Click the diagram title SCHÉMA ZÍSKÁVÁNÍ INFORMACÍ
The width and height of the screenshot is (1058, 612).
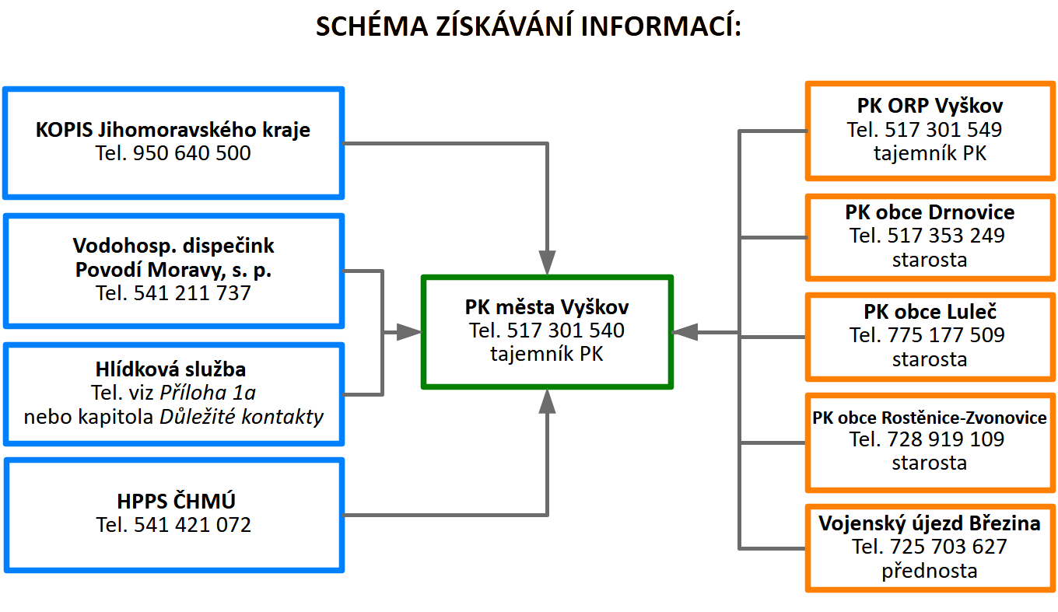pyautogui.click(x=528, y=26)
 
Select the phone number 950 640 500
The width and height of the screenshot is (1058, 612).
pyautogui.click(x=191, y=153)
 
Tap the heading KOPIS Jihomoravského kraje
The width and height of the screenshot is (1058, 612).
pyautogui.click(x=173, y=130)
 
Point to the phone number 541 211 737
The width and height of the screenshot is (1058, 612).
pyautogui.click(x=191, y=293)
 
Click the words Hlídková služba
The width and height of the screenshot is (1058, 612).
pyautogui.click(x=170, y=369)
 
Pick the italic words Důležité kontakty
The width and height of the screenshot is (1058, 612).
pyautogui.click(x=241, y=417)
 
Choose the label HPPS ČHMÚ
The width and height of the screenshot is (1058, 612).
pyautogui.click(x=176, y=501)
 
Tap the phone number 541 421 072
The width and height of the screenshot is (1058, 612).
pyautogui.click(x=192, y=525)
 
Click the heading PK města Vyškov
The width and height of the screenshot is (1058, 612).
pyautogui.click(x=547, y=307)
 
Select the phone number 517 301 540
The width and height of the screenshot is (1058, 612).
pyautogui.click(x=566, y=330)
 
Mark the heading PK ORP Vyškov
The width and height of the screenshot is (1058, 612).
pyautogui.click(x=930, y=106)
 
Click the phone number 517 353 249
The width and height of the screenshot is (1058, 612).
pyautogui.click(x=946, y=236)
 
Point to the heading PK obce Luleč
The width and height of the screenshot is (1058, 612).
pyautogui.click(x=930, y=312)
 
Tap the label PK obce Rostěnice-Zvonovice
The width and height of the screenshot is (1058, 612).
pyautogui.click(x=929, y=418)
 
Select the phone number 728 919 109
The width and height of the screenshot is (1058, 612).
pyautogui.click(x=946, y=439)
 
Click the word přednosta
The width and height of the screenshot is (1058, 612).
pyautogui.click(x=929, y=572)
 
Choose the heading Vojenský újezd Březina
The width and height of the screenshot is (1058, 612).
pyautogui.click(x=930, y=523)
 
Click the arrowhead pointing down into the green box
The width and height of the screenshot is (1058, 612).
pyautogui.click(x=547, y=263)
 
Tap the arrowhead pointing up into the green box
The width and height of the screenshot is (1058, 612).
pyautogui.click(x=547, y=401)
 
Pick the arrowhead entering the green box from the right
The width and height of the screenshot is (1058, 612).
pyautogui.click(x=685, y=332)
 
